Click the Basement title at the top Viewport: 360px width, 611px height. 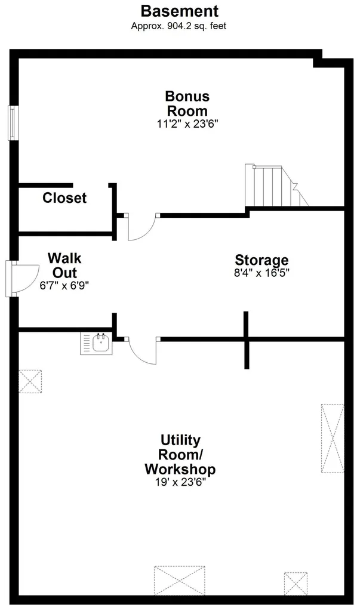coord(180,11)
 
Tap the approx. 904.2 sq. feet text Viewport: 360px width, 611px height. coord(179,26)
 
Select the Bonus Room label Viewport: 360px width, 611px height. coord(187,103)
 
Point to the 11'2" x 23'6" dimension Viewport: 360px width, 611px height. coord(187,124)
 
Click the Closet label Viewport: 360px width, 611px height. coord(64,198)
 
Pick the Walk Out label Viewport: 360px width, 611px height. coord(64,265)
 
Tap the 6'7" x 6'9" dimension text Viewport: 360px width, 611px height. coord(64,286)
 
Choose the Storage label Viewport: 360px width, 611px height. coord(261,260)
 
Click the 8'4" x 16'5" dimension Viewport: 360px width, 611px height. coord(261,272)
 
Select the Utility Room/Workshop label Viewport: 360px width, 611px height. coord(180,454)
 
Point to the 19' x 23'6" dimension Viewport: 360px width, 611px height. coord(180,482)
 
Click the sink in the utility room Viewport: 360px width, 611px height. coord(96,343)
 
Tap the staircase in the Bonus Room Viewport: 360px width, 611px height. coord(275,186)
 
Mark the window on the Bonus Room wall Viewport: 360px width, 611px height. coord(13,123)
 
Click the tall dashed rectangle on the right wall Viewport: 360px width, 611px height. coord(333,439)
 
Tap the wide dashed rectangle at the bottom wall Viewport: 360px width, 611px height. coord(180,581)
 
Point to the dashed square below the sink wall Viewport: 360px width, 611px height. coord(30,381)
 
